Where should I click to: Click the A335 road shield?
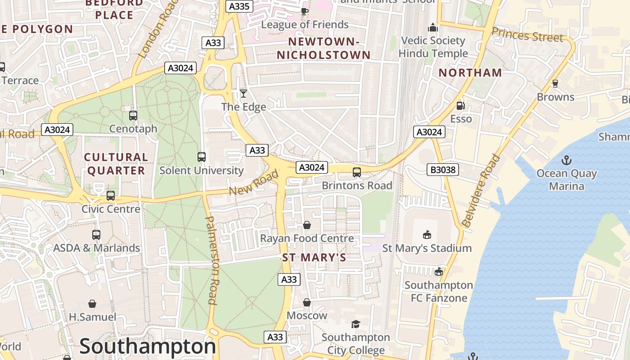[239, 6]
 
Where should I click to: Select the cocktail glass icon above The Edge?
[243, 94]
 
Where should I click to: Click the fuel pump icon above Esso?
[461, 106]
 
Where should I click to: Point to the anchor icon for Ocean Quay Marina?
[566, 160]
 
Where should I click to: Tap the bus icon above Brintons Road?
[357, 172]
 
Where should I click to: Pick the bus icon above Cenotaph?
[133, 116]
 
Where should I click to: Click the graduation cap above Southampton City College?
[355, 324]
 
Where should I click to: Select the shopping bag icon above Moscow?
[307, 302]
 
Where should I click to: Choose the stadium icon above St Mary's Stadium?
[427, 235]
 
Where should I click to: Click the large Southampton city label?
[148, 346]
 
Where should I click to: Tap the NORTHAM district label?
[470, 73]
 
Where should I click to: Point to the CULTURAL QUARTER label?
[116, 164]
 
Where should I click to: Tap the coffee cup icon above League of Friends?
[305, 11]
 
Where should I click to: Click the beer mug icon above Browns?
[555, 84]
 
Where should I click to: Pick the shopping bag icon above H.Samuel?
[92, 304]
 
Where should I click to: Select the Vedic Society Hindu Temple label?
[433, 47]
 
